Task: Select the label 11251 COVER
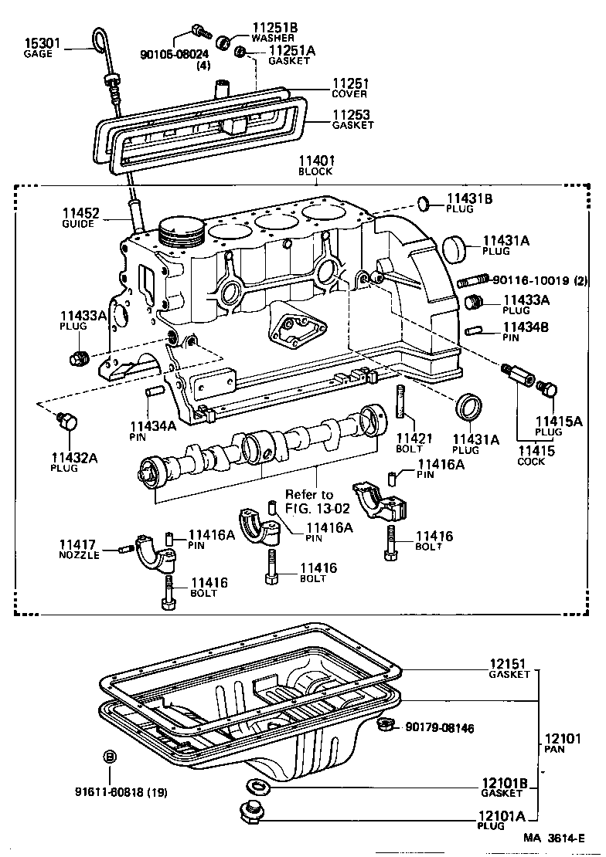coord(349,87)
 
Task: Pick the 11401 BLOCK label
coord(315,165)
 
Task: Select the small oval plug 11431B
coord(424,204)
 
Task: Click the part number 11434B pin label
coord(526,327)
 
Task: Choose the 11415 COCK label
coord(531,455)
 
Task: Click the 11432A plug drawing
coord(67,422)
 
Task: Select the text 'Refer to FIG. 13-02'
coord(309,501)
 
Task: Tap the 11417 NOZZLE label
coord(79,549)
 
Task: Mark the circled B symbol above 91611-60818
coord(110,755)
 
